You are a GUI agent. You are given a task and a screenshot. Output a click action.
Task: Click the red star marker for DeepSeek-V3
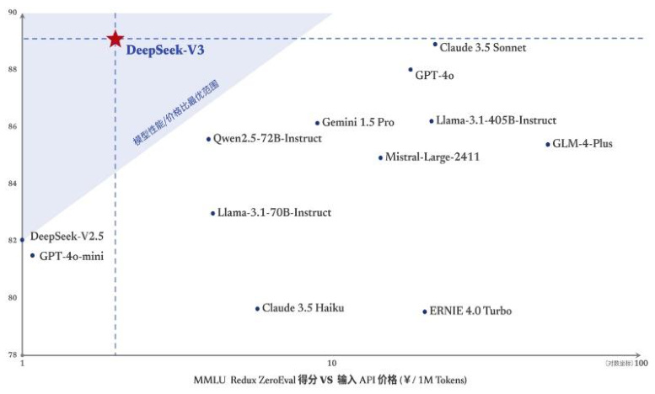[x=115, y=39]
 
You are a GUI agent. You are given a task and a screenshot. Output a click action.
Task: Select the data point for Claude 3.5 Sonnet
[x=435, y=44]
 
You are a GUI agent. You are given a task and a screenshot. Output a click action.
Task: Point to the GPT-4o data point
[x=411, y=70]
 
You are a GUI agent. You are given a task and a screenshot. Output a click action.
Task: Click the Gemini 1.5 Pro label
[x=358, y=123]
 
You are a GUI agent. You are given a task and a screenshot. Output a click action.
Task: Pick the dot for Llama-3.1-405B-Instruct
[x=432, y=121]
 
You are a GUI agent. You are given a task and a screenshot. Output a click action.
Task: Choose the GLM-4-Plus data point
[x=548, y=144]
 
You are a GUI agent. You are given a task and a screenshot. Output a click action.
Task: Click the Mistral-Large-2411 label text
[x=432, y=157]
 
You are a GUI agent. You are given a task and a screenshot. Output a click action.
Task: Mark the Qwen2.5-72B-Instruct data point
[x=208, y=139]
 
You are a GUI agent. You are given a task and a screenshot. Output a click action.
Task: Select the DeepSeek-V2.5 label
[x=67, y=237]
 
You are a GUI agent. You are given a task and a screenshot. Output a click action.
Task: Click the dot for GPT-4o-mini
[x=33, y=255]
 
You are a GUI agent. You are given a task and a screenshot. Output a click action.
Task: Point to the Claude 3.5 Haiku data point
[x=257, y=309]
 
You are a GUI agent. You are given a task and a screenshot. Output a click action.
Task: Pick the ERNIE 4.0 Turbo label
[x=470, y=311]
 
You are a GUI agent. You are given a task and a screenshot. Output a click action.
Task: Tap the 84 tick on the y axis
[x=12, y=184]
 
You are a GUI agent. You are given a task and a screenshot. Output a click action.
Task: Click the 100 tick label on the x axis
[x=641, y=364]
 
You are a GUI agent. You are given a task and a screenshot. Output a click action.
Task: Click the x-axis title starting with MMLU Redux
[x=330, y=381]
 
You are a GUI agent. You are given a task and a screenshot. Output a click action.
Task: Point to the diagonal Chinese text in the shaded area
[x=175, y=114]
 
